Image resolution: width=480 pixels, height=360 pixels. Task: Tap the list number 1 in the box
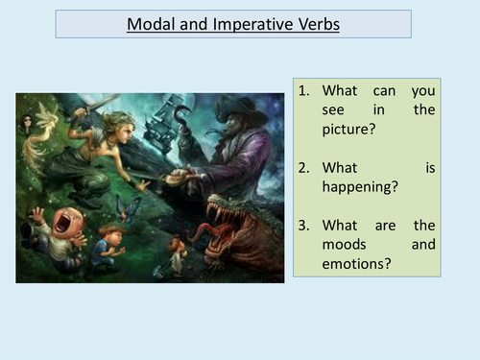pyautogui.click(x=305, y=90)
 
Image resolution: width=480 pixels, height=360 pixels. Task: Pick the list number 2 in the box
pyautogui.click(x=305, y=167)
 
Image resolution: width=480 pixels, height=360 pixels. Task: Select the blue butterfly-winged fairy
pyautogui.click(x=126, y=205)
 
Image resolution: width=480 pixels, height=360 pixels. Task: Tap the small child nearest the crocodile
pyautogui.click(x=177, y=252)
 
